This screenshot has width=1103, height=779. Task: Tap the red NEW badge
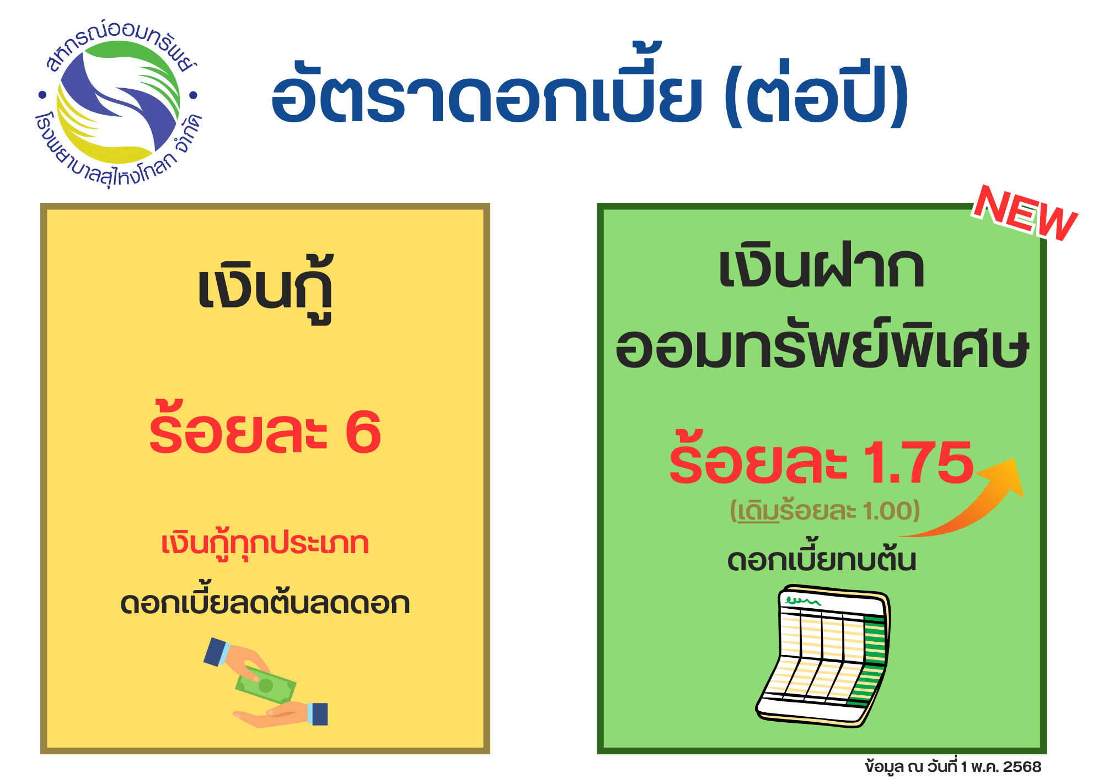pos(1025,214)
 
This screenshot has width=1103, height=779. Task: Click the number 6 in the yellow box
pos(363,432)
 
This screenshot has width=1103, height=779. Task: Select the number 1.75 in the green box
pos(918,463)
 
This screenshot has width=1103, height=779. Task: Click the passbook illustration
pos(823,656)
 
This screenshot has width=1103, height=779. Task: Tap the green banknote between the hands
pos(265,685)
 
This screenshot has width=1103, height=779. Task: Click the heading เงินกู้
pos(265,289)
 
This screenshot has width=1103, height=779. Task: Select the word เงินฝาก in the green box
pos(821,267)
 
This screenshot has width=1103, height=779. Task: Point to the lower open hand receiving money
pos(280,715)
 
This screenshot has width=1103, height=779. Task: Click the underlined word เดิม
pos(758,511)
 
